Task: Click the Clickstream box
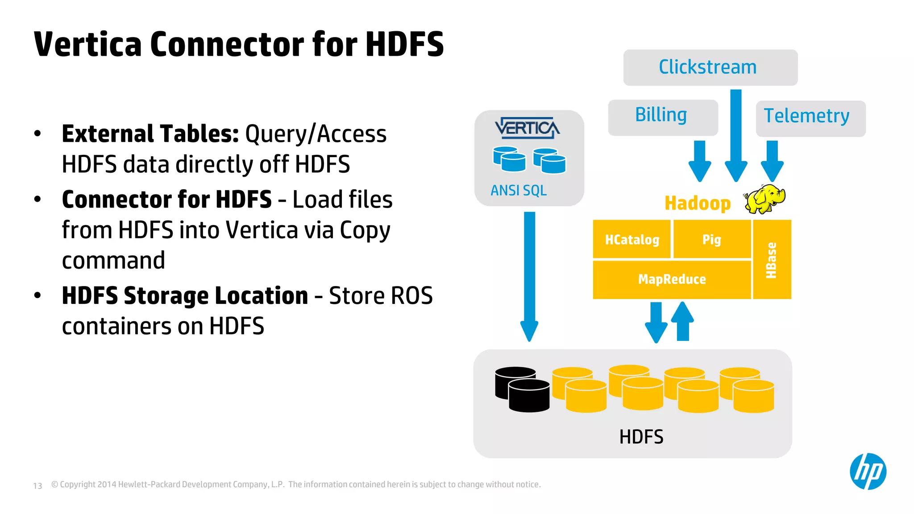pyautogui.click(x=710, y=67)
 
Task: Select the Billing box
pyautogui.click(x=663, y=117)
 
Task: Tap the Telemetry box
pyautogui.click(x=810, y=118)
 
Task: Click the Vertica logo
pyautogui.click(x=527, y=128)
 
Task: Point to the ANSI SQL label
pyautogui.click(x=519, y=191)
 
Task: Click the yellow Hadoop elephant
pyautogui.click(x=764, y=199)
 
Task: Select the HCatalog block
pyautogui.click(x=631, y=240)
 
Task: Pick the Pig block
pyautogui.click(x=711, y=240)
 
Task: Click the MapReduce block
pyautogui.click(x=672, y=279)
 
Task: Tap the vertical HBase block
pyautogui.click(x=772, y=260)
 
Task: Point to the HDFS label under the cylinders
pyautogui.click(x=641, y=437)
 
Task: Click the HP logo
pyautogui.click(x=868, y=472)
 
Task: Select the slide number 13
pyautogui.click(x=37, y=485)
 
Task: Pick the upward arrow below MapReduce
pyautogui.click(x=682, y=321)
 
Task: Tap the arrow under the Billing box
pyautogui.click(x=699, y=161)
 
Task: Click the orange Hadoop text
pyautogui.click(x=697, y=203)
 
